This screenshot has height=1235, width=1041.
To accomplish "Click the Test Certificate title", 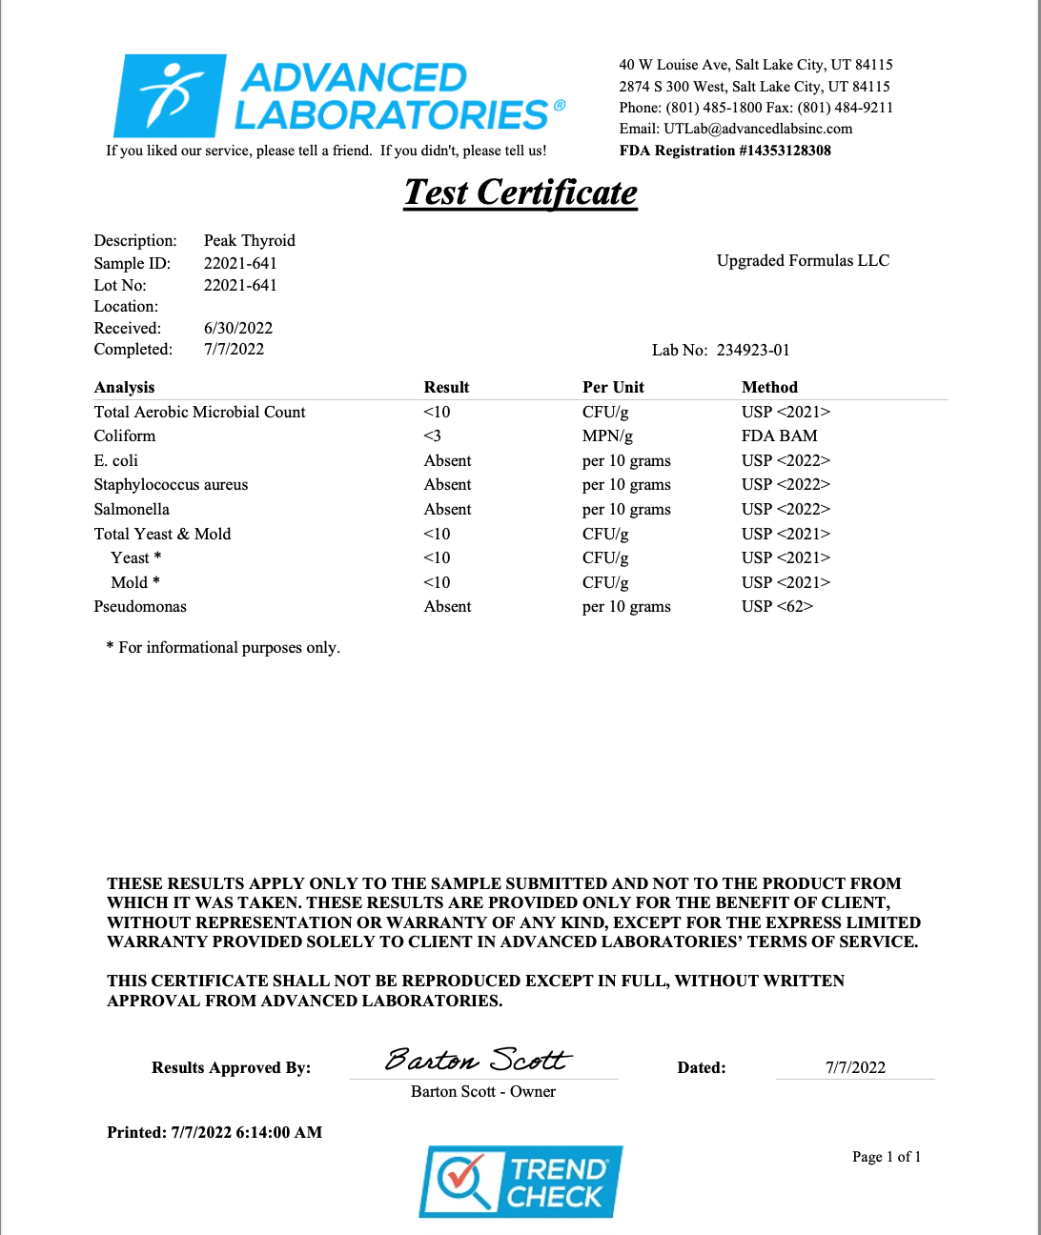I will click(520, 192).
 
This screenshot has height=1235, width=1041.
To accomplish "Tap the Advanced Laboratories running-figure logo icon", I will click(171, 95).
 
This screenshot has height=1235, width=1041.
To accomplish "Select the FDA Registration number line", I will click(725, 151).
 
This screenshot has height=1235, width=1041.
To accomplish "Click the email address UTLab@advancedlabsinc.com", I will click(758, 129).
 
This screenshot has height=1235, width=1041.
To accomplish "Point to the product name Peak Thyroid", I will click(249, 240).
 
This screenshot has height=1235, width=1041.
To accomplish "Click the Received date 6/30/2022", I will click(238, 328).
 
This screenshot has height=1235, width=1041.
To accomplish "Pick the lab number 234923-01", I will click(753, 350).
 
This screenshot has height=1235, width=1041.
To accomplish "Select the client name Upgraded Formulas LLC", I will click(803, 260).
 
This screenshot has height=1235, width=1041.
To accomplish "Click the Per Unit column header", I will click(613, 387).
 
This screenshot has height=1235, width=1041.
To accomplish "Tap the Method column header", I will click(769, 387).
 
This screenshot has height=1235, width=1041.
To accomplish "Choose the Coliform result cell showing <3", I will click(433, 435).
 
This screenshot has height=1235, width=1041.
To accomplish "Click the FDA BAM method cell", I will click(779, 435).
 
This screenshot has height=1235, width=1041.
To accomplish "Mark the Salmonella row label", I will click(132, 509).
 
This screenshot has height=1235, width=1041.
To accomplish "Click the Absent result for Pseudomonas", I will click(447, 606).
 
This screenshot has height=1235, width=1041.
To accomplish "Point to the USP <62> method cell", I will click(777, 606).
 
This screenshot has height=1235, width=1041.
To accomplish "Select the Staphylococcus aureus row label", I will click(171, 484).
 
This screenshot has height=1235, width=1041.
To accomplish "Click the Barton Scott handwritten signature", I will click(478, 1060).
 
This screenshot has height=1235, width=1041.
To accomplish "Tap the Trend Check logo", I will click(520, 1182).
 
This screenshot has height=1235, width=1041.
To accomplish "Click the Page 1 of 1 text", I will click(887, 1157).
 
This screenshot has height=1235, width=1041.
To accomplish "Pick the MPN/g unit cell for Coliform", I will click(607, 435).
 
